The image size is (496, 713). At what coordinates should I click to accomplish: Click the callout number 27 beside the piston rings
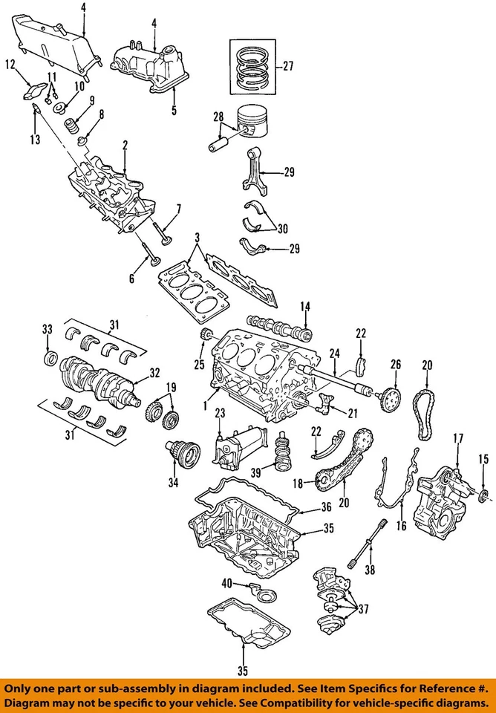(x=287, y=66)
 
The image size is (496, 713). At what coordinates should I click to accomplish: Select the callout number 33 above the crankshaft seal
(x=47, y=329)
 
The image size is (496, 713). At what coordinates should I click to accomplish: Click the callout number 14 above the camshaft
(x=304, y=306)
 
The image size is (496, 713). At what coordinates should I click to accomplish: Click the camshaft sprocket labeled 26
(x=389, y=397)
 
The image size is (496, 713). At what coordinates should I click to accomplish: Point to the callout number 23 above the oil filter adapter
(x=219, y=413)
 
